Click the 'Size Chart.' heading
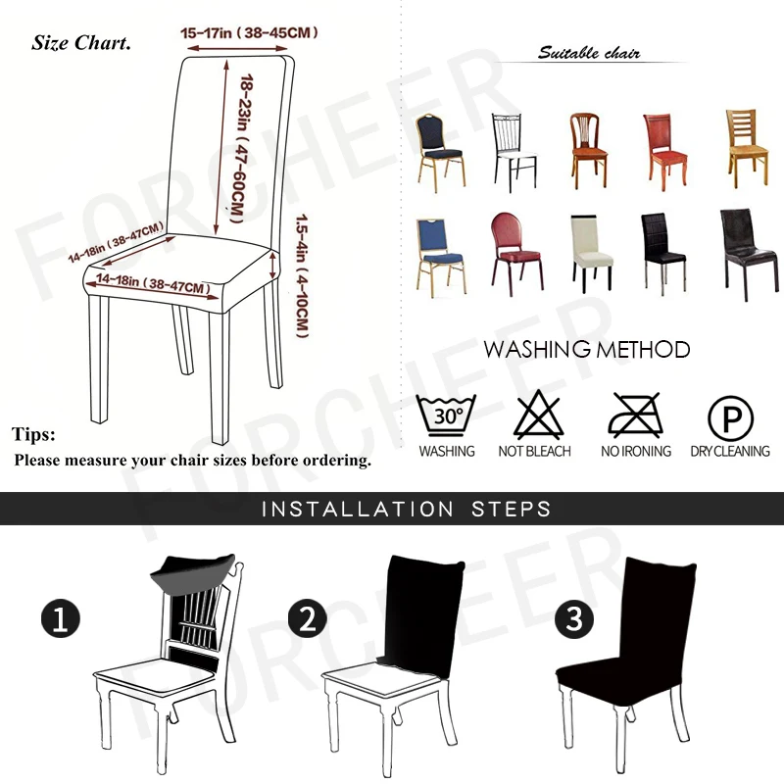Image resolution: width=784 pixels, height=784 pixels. click(81, 43)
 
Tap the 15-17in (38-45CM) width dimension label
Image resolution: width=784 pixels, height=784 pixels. click(250, 33)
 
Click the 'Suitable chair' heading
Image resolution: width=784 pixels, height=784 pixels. click(589, 53)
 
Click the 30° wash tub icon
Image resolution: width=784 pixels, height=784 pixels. click(447, 416)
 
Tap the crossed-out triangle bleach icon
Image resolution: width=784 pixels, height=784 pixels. click(534, 415)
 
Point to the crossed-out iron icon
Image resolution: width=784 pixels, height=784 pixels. click(636, 416)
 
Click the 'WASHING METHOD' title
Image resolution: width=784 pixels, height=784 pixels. click(586, 350)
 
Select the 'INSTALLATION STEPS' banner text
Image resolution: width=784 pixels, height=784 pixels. click(406, 510)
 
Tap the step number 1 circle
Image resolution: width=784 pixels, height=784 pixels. click(60, 619)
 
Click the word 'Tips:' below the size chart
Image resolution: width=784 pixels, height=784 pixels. click(34, 434)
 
